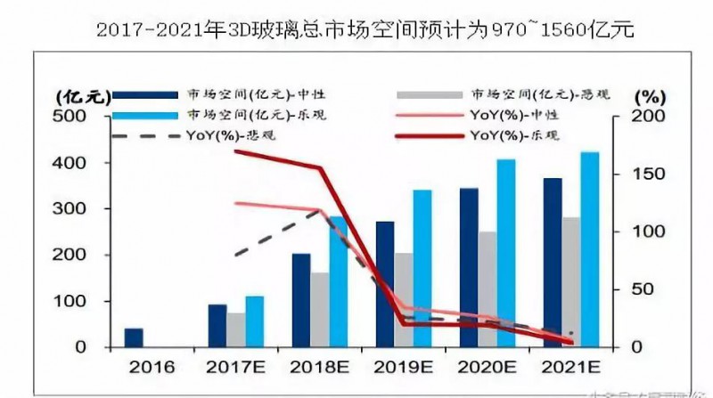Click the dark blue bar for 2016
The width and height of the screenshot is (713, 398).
(133, 337)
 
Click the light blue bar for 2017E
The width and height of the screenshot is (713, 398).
(255, 321)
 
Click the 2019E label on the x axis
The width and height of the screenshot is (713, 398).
(405, 366)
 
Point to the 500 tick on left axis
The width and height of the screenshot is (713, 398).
(71, 117)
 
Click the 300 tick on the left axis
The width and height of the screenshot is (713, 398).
(71, 209)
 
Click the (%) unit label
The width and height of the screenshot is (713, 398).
(649, 95)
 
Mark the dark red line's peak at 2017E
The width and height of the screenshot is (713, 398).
(235, 150)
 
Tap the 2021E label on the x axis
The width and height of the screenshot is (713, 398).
(570, 366)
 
